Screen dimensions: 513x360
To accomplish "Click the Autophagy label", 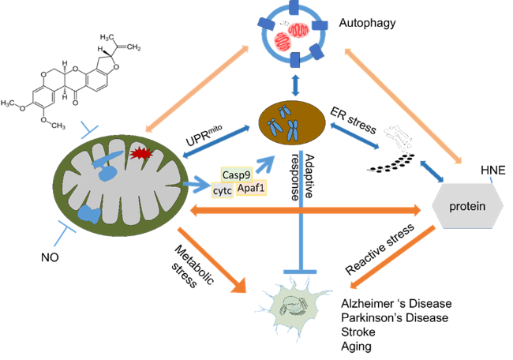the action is (x=367, y=23).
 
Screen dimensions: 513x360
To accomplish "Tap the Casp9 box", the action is (x=236, y=174).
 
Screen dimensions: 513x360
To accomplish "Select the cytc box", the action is (x=223, y=190).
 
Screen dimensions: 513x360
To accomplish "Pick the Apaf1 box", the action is (x=251, y=188).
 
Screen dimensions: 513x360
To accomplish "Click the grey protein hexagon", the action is (x=467, y=206).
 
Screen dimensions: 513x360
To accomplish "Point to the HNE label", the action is (x=493, y=171).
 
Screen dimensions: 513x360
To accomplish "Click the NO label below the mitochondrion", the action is (x=50, y=257).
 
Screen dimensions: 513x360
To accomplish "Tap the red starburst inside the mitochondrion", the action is (x=141, y=153).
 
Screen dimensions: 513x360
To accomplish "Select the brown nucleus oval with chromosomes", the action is (x=292, y=123).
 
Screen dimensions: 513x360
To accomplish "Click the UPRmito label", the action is (x=204, y=135).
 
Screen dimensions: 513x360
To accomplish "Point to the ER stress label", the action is (x=353, y=120).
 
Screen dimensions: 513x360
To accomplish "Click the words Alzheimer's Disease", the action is (x=396, y=303).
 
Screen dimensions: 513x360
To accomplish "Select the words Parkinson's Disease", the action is (x=395, y=317).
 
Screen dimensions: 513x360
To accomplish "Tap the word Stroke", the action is (x=358, y=332).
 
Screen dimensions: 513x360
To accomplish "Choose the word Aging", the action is (x=356, y=347).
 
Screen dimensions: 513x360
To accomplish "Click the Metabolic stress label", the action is (x=193, y=266).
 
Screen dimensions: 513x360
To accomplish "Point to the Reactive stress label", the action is (x=380, y=249).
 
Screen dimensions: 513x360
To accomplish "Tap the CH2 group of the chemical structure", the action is (x=134, y=47).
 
